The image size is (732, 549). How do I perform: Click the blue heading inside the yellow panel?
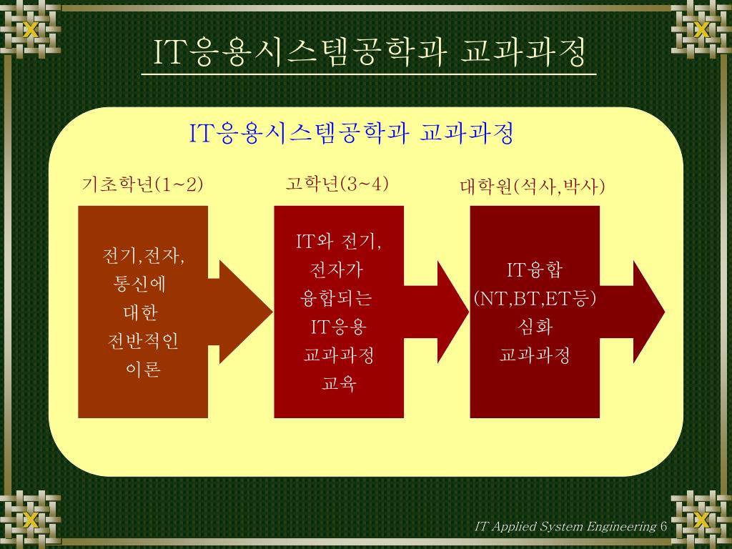click(x=351, y=133)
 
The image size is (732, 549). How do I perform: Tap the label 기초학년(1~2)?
click(x=143, y=184)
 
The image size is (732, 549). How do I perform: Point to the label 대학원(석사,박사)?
click(x=533, y=187)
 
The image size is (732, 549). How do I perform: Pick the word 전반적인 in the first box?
click(x=142, y=341)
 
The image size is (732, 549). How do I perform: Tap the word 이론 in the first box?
click(x=142, y=370)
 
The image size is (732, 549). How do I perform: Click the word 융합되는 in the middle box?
click(x=337, y=299)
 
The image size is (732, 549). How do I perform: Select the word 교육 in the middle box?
click(x=339, y=384)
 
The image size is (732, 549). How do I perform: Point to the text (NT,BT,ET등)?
click(x=535, y=298)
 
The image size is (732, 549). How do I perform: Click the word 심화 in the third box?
click(x=535, y=327)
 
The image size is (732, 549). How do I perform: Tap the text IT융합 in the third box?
click(x=535, y=270)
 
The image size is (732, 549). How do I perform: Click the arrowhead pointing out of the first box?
click(x=243, y=312)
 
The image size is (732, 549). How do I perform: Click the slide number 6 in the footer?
click(x=664, y=527)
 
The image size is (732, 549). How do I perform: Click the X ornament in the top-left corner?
click(x=30, y=30)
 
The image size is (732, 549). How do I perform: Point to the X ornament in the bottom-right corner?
click(x=701, y=520)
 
